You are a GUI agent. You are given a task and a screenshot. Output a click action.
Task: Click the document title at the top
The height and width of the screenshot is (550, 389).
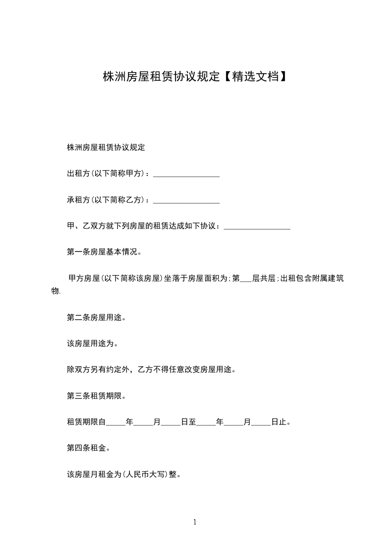click(194, 77)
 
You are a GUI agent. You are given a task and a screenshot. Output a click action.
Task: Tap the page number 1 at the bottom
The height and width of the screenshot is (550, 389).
click(195, 523)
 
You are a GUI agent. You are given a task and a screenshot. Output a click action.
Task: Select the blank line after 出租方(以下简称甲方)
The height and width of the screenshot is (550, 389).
click(186, 175)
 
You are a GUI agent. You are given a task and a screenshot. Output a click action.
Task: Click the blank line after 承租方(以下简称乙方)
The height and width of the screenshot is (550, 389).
click(186, 201)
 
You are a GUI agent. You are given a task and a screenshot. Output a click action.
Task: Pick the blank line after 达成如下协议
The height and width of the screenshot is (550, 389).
click(257, 227)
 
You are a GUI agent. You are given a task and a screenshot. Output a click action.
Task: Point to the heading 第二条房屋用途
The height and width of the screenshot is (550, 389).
click(97, 317)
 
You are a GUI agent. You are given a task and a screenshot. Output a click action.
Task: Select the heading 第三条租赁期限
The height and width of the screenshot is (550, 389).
click(97, 396)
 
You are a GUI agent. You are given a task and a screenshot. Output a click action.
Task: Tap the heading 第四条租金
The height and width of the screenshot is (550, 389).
click(89, 448)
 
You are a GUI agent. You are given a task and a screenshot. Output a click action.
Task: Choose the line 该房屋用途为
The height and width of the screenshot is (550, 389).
click(93, 344)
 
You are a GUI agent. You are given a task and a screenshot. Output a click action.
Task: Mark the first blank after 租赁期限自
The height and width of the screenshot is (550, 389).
click(116, 422)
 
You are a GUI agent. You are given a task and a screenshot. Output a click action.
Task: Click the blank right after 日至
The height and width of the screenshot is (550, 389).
click(206, 422)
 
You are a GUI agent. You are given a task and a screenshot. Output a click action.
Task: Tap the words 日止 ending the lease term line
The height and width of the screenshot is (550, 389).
click(279, 422)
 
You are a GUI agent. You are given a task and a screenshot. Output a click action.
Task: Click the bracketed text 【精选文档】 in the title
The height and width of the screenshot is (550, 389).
click(253, 77)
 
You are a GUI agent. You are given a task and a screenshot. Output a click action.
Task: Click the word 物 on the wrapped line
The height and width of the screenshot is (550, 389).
click(55, 291)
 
